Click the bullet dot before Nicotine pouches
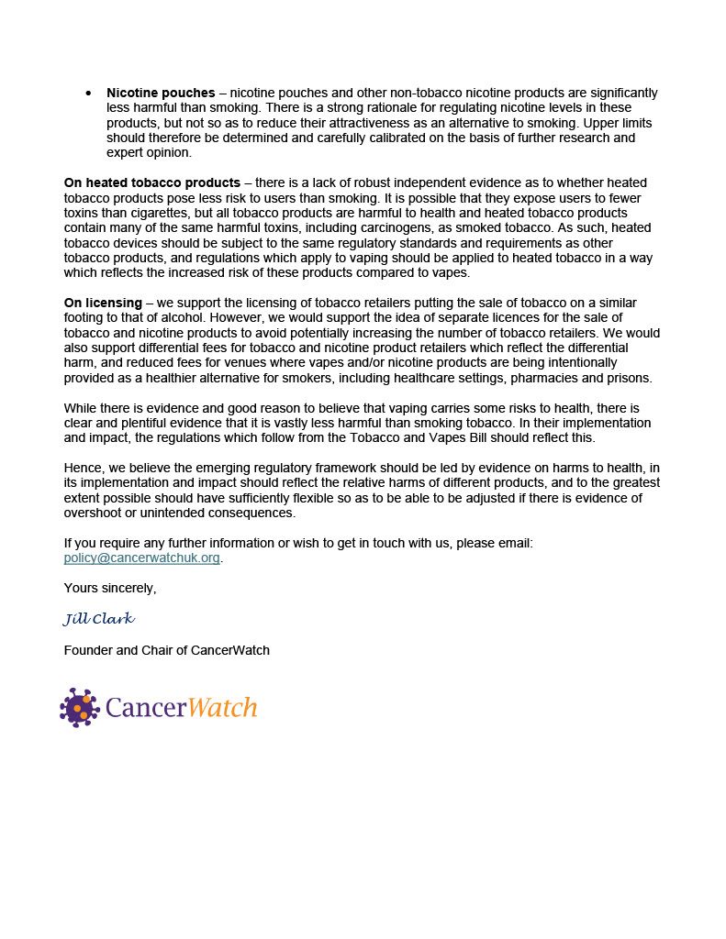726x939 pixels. point(88,94)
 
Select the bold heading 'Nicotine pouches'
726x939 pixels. point(161,94)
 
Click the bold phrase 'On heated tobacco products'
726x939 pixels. point(151,182)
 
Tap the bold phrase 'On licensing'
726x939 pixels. point(103,303)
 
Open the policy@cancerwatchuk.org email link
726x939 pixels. point(141,558)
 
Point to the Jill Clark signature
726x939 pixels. point(99,619)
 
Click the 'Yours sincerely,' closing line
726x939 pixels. point(110,588)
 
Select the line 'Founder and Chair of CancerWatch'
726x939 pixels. point(166,650)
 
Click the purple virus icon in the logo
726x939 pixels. point(80,707)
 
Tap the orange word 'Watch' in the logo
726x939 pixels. point(222,707)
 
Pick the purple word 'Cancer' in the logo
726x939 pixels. point(147,707)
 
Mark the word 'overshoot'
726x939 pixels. point(93,513)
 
